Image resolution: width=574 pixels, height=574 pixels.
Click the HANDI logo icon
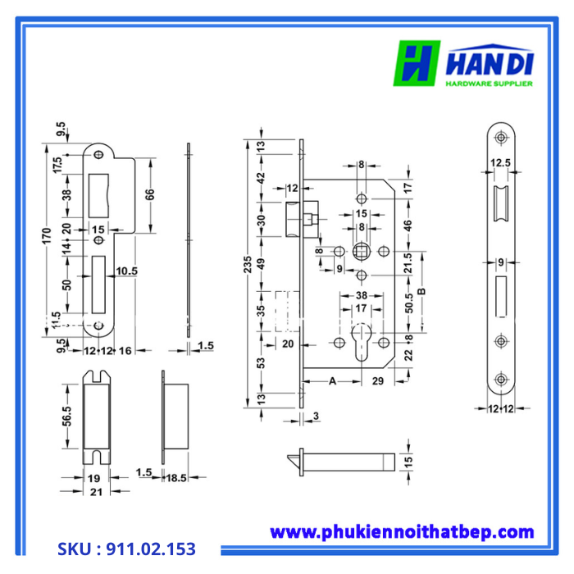tap(418, 64)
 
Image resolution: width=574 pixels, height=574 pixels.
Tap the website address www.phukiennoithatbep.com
tap(402, 532)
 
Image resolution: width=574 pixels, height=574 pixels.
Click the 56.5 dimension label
tap(69, 417)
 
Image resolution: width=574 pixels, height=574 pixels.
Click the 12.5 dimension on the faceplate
tap(501, 163)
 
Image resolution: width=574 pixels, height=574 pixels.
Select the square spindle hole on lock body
tap(361, 249)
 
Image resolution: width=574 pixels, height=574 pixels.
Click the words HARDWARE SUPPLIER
tap(489, 84)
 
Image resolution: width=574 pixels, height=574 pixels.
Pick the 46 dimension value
tap(408, 224)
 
